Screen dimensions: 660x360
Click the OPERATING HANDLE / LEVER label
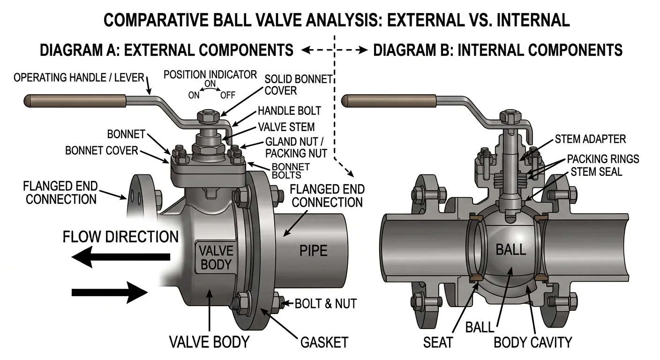tap(79, 78)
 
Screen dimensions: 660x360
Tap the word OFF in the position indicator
tap(228, 95)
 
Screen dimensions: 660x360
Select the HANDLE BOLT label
tap(289, 111)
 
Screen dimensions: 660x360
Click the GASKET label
tap(324, 342)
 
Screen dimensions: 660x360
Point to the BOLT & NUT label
tap(326, 303)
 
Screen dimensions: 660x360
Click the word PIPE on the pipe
tap(314, 251)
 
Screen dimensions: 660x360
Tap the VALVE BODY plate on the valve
tap(216, 257)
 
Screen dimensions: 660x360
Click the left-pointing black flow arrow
tap(121, 257)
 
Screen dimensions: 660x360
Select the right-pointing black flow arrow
tap(110, 292)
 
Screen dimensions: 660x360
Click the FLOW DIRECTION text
tap(120, 237)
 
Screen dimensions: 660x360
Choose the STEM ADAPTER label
tap(590, 139)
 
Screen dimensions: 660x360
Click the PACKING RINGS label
tap(603, 159)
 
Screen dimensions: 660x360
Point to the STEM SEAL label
tap(596, 172)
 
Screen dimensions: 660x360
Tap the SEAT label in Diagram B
tap(438, 343)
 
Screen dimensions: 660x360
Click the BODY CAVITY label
tap(532, 342)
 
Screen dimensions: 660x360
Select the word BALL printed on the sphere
tap(510, 249)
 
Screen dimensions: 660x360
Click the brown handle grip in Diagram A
tap(75, 100)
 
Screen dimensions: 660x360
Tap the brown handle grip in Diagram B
tap(389, 100)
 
